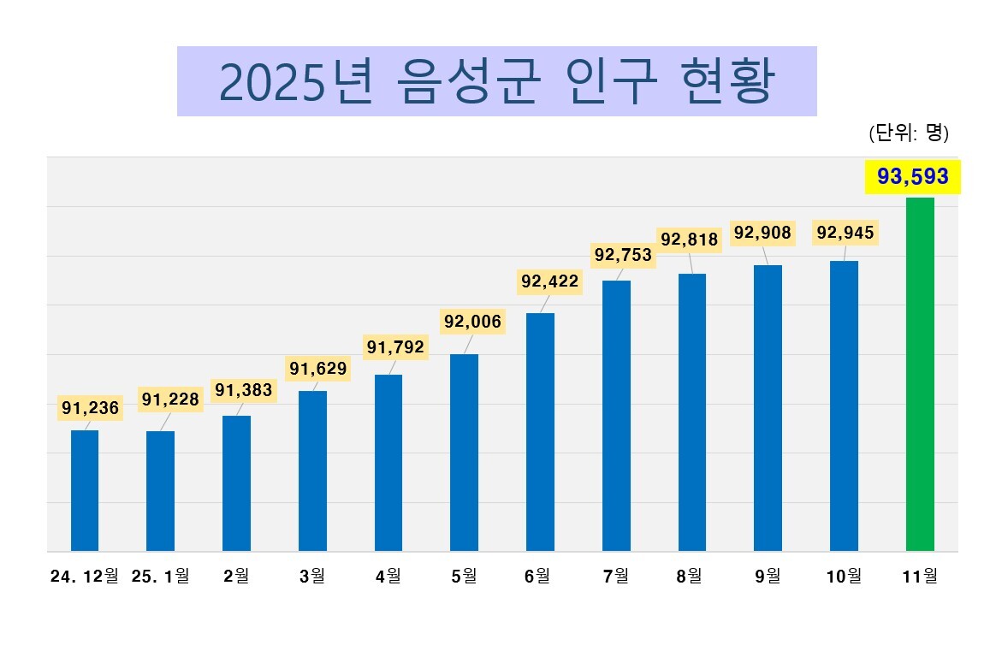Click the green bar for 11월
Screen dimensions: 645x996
[920, 374]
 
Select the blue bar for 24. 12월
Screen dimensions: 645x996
[85, 490]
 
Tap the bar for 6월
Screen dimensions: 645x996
[540, 431]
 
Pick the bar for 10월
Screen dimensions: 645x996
[844, 405]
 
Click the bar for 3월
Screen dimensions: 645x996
[312, 470]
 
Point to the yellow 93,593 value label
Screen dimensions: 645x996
[913, 177]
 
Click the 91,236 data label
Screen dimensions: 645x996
[90, 408]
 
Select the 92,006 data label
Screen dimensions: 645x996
[472, 322]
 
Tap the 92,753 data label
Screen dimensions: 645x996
[623, 255]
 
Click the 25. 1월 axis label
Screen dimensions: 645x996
[161, 577]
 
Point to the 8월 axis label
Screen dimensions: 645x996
[692, 577]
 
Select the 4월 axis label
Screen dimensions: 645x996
[388, 577]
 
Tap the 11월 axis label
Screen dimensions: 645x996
[920, 577]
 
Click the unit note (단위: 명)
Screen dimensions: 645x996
[908, 133]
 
